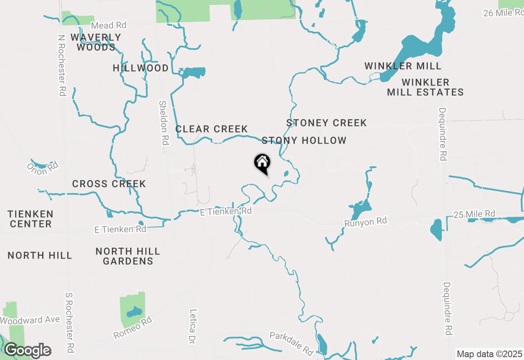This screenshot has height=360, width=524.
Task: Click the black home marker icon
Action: [x=262, y=163]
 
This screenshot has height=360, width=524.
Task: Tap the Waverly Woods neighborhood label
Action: [x=96, y=42]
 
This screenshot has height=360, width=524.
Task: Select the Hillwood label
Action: [x=141, y=68]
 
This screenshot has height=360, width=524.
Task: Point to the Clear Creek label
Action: [x=212, y=129]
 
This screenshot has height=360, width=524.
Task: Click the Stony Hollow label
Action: [x=304, y=140]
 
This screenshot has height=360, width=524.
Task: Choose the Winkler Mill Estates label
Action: [x=425, y=87]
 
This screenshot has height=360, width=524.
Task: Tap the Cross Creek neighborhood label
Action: [x=109, y=184]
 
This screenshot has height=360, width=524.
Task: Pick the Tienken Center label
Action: [x=31, y=219]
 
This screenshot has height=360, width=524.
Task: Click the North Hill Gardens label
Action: [x=128, y=256]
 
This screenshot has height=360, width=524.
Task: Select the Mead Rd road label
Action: [x=108, y=25]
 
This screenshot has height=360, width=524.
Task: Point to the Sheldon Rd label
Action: [x=164, y=123]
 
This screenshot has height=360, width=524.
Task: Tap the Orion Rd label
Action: [x=43, y=168]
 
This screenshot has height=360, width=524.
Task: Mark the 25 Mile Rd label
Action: [x=474, y=214]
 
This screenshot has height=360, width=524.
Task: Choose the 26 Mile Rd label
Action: [x=503, y=13]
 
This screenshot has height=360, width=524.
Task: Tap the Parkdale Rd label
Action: [x=291, y=343]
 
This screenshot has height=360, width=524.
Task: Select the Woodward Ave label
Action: [x=30, y=320]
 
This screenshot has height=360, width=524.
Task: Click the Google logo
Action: [x=28, y=351]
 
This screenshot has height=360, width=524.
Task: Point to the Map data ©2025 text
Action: [x=490, y=354]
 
